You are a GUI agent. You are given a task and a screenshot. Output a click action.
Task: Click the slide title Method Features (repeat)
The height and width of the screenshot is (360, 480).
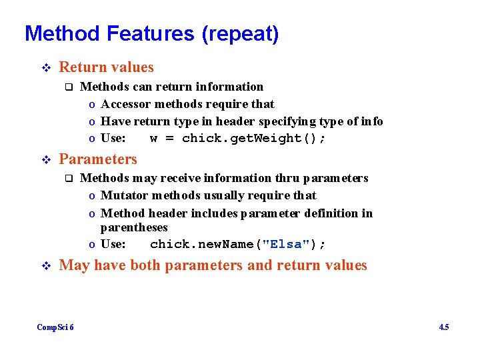tap(151, 33)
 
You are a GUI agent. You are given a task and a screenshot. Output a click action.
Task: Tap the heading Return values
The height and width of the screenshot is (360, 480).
tap(106, 67)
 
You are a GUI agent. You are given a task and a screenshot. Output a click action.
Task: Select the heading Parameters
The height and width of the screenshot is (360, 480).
tap(98, 159)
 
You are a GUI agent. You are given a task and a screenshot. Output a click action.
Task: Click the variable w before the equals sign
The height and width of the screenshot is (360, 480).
tap(154, 139)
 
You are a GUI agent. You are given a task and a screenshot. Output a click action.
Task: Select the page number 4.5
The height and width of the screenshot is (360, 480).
tap(443, 327)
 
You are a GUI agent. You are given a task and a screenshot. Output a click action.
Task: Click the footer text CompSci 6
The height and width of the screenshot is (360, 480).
tap(55, 327)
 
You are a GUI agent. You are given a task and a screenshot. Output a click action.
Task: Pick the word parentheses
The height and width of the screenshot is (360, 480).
tap(134, 228)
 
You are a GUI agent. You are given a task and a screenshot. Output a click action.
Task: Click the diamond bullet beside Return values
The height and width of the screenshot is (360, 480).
tap(45, 68)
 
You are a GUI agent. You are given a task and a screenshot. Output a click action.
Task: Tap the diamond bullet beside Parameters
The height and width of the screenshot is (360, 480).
tap(45, 160)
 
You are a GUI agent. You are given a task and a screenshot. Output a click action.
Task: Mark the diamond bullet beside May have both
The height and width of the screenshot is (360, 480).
tap(45, 266)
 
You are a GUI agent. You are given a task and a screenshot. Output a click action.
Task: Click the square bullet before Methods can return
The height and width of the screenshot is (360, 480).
tap(67, 87)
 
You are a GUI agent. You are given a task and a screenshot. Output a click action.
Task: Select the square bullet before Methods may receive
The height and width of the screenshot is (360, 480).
tap(67, 178)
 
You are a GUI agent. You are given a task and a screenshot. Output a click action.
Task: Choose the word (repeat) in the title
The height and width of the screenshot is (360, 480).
tap(240, 33)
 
